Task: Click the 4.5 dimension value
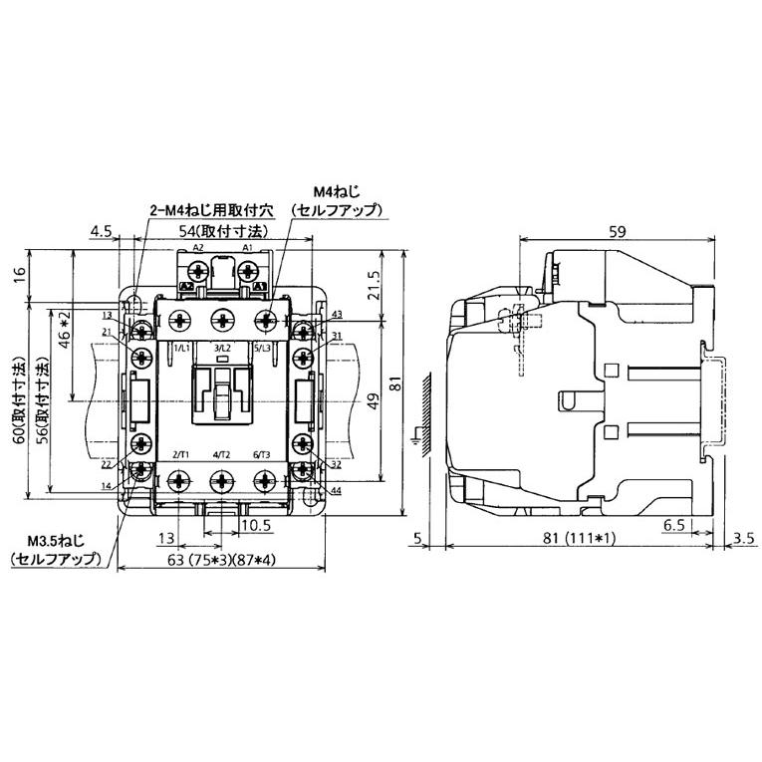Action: [100, 231]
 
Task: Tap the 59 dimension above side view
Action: [617, 231]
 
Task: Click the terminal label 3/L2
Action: [221, 348]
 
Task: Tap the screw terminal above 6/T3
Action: [264, 481]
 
